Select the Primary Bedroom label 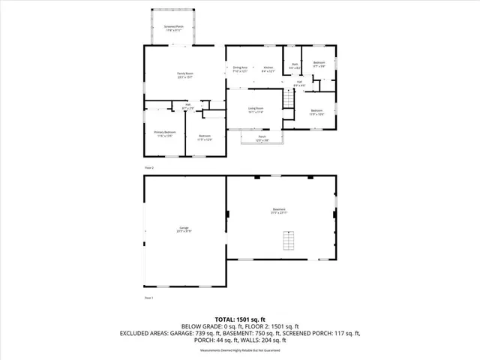point(164,133)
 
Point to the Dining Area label point(240,70)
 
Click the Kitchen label point(268,70)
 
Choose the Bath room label point(295,65)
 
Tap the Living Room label point(256,109)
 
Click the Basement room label point(279,211)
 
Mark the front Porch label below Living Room point(262,137)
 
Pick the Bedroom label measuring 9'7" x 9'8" point(319,64)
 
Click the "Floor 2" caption point(148,167)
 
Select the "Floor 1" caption point(148,298)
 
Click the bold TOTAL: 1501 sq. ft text point(240,319)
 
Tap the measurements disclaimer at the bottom point(240,351)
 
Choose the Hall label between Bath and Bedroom point(299,83)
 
